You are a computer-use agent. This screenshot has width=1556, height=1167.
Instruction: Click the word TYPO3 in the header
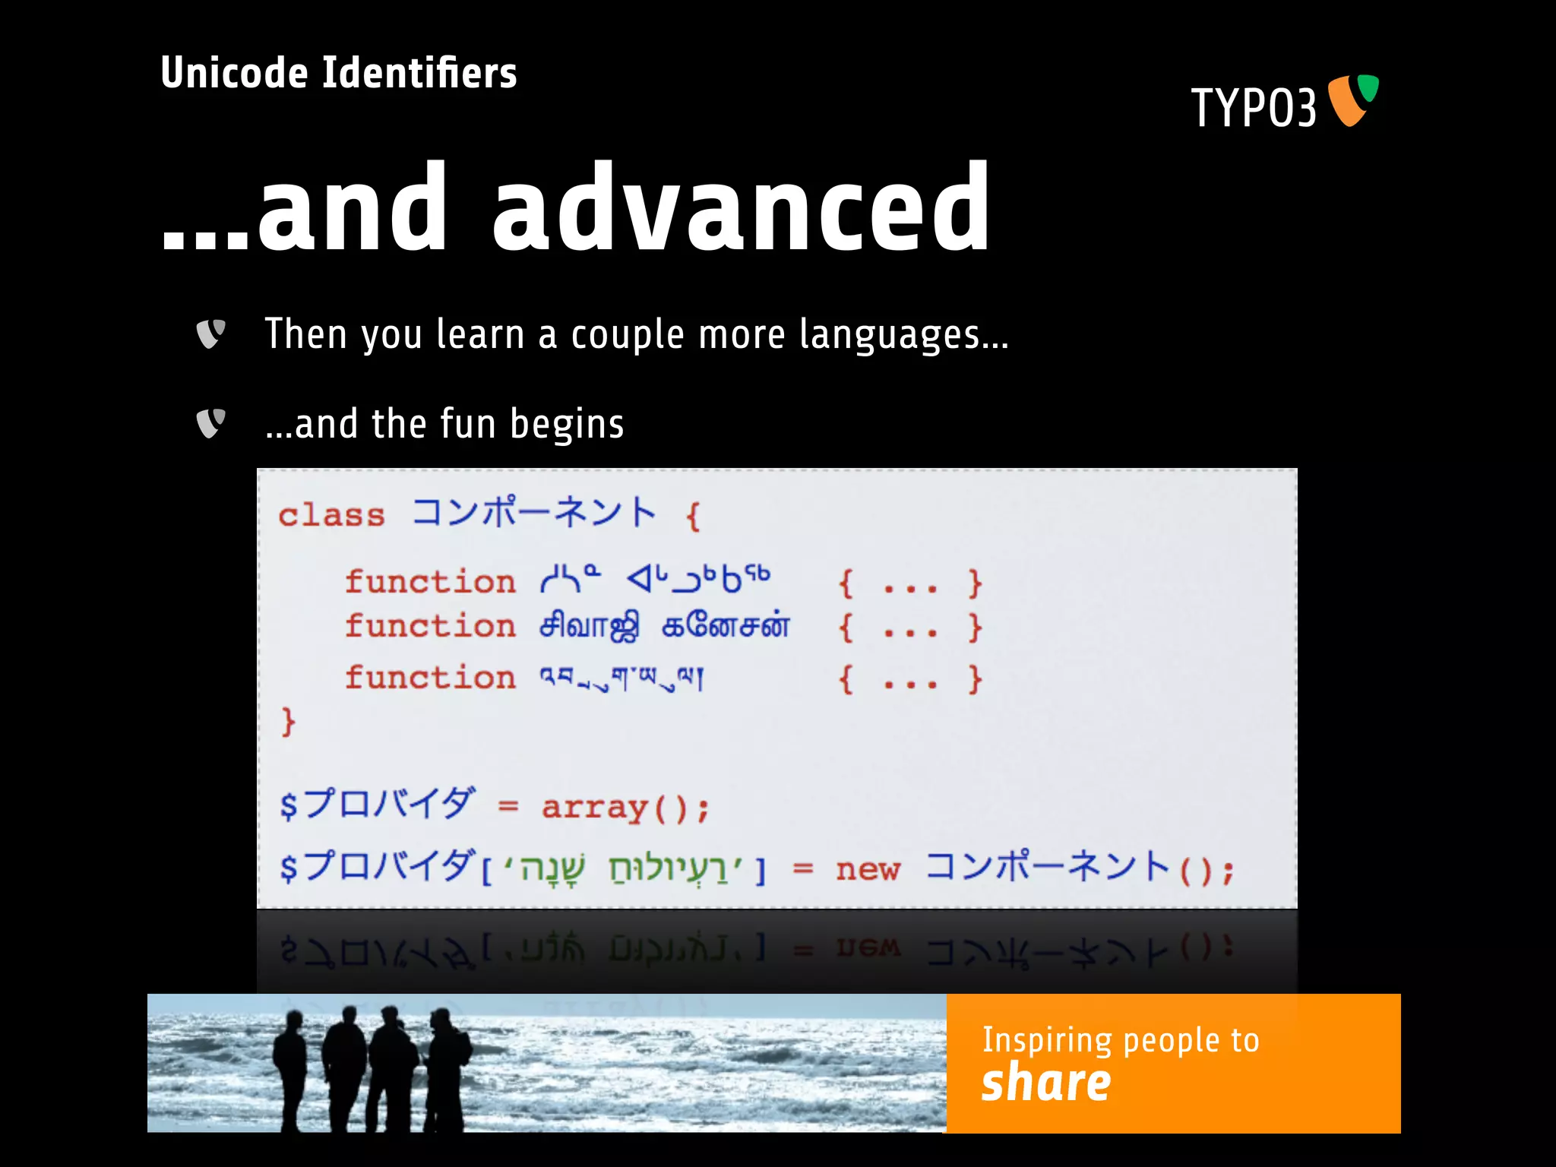click(1254, 108)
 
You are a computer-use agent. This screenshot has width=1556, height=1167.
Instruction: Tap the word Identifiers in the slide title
click(419, 73)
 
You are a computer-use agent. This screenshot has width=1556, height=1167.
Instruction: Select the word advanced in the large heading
click(741, 209)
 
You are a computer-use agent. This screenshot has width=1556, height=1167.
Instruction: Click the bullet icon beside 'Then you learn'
click(210, 334)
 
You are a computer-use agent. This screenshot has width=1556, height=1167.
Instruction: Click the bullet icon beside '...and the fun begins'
click(210, 423)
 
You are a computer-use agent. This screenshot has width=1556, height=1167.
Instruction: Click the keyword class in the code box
click(331, 516)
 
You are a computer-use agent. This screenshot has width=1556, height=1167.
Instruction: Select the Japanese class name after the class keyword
click(533, 513)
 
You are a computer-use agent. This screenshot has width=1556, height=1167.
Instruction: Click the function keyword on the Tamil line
click(430, 627)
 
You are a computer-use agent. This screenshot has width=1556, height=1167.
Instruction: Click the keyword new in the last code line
click(868, 869)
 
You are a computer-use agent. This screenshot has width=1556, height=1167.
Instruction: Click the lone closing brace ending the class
click(288, 721)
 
